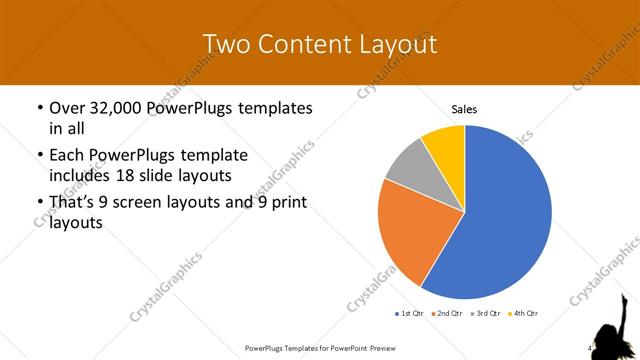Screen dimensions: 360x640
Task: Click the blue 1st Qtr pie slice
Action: point(505,215)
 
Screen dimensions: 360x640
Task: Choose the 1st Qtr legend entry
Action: point(411,313)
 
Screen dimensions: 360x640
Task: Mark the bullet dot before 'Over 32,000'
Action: point(39,108)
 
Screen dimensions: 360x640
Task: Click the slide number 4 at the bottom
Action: point(589,348)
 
